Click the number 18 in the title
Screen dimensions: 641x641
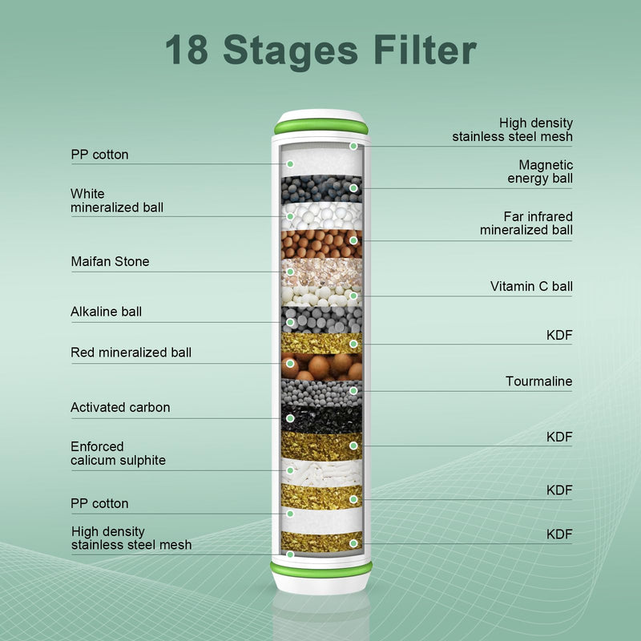point(187,50)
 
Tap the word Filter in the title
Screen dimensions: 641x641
point(425,49)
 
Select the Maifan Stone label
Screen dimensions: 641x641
point(110,261)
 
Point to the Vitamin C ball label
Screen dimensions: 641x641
point(531,286)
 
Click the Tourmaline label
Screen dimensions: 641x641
point(538,381)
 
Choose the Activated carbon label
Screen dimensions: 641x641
point(120,407)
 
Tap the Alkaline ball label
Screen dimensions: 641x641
point(106,312)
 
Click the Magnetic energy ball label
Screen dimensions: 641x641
point(540,171)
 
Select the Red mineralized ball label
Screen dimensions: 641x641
point(131,353)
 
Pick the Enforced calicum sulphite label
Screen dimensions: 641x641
point(118,453)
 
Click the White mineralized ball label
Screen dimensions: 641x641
point(116,200)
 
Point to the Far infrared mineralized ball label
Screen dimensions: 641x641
point(526,224)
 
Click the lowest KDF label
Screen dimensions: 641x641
point(559,534)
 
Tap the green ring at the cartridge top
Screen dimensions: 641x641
point(321,127)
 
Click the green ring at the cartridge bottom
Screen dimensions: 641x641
point(321,570)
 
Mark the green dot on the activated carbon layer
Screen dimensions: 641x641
point(290,418)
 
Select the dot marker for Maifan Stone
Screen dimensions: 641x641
point(290,272)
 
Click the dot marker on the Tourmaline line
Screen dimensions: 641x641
point(353,391)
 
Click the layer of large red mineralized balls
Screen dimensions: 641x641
point(322,367)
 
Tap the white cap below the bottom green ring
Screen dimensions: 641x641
point(321,585)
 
